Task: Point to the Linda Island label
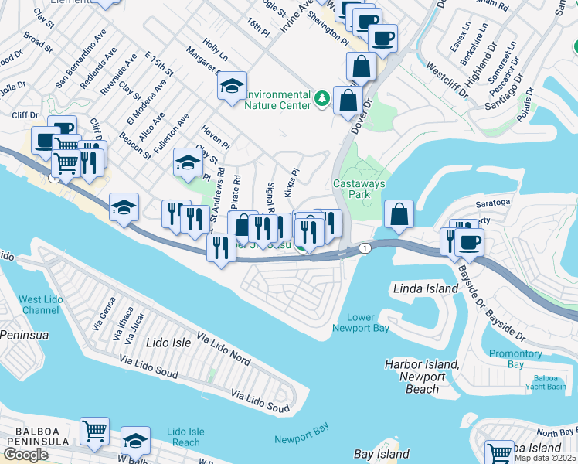point(426,288)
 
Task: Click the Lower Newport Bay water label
point(360,322)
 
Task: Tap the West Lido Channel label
point(39,305)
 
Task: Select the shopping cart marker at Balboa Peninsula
point(94,432)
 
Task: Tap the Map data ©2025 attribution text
point(545,458)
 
